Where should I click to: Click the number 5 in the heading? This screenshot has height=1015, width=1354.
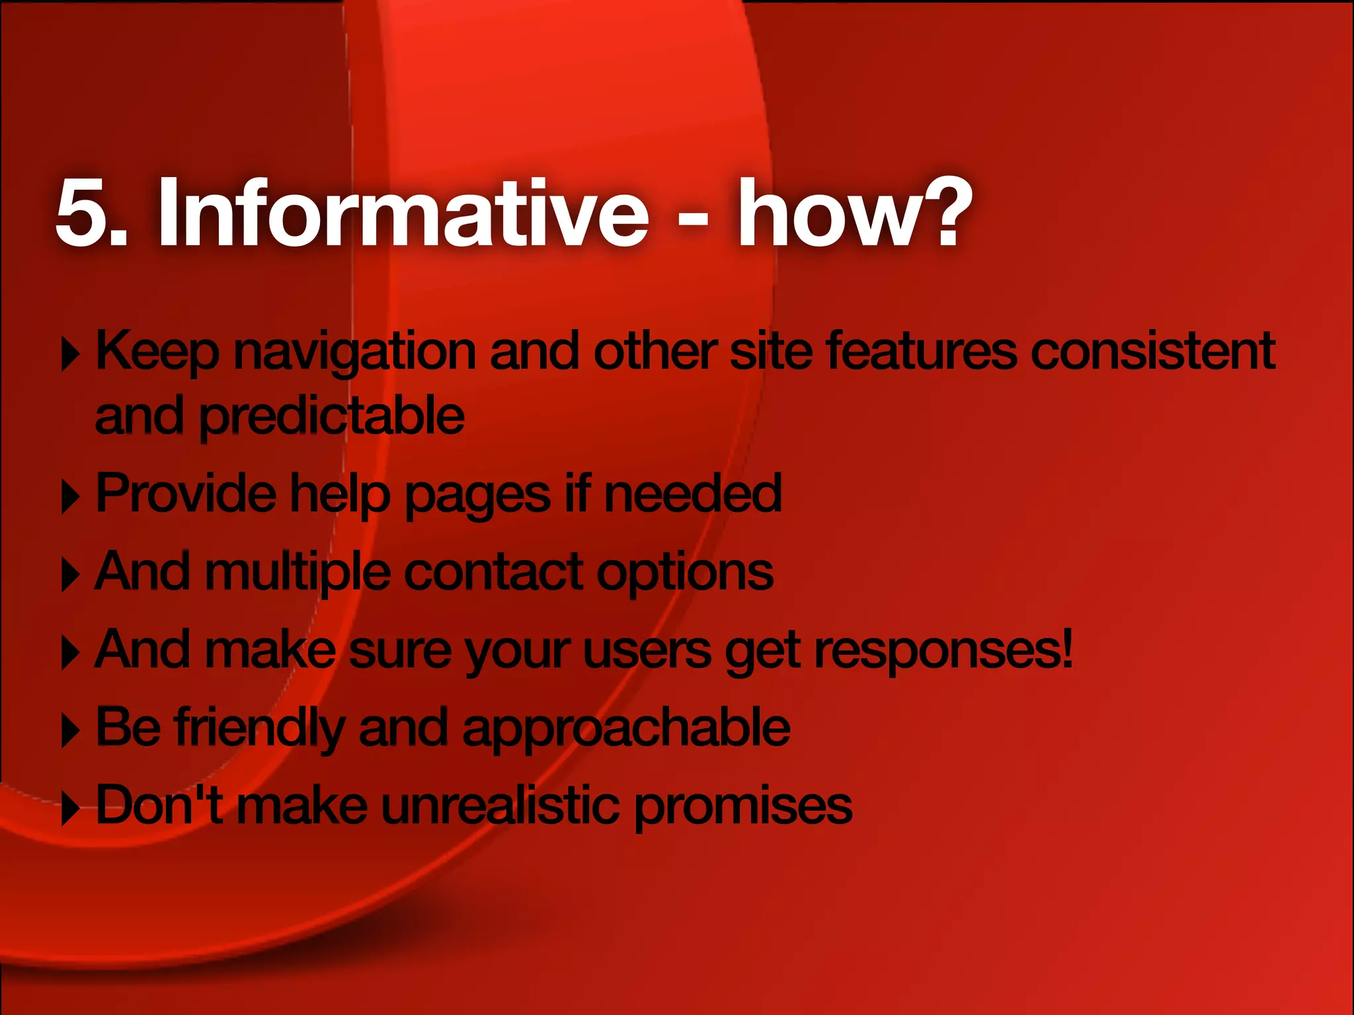pos(83,213)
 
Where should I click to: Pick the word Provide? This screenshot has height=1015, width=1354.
pos(186,493)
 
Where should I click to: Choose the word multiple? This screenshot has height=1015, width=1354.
pos(298,572)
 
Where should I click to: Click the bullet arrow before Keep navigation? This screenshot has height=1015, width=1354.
pos(70,356)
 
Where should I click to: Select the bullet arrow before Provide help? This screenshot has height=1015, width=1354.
pos(70,498)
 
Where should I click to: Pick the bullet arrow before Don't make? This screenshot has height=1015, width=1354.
pos(70,810)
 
